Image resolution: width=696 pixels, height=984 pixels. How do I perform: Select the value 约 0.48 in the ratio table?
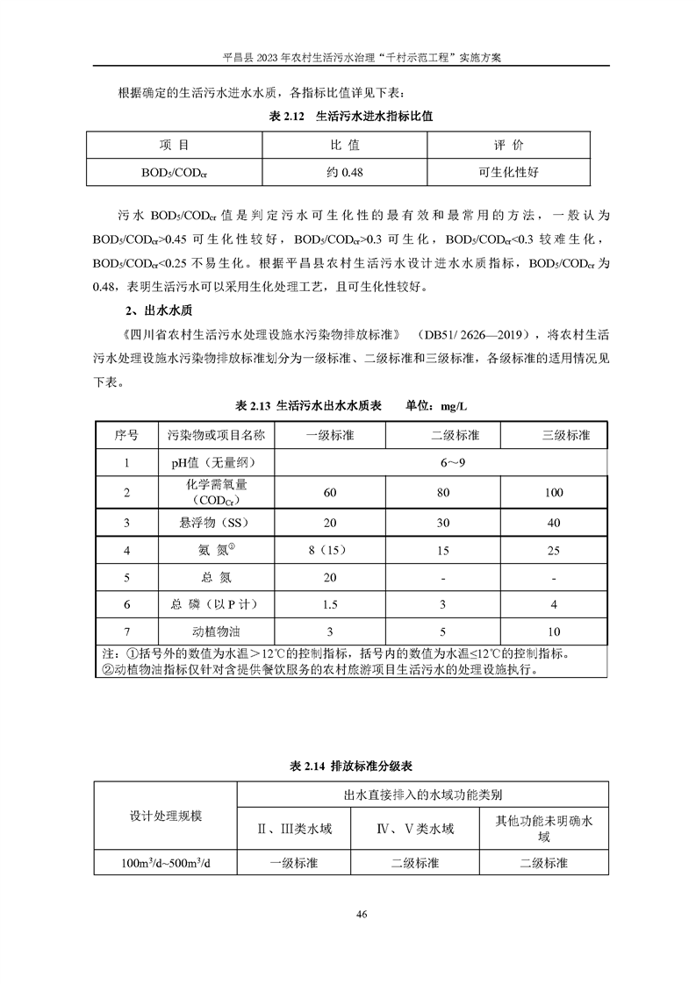click(x=345, y=172)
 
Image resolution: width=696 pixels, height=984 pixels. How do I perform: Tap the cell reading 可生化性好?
click(x=508, y=172)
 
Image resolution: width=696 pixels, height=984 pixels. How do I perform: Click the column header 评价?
click(x=508, y=145)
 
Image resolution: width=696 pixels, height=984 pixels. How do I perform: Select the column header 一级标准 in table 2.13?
click(x=330, y=435)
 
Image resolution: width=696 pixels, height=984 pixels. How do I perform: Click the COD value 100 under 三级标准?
click(x=554, y=493)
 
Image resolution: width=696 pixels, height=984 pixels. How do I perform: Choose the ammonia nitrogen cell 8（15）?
click(x=330, y=551)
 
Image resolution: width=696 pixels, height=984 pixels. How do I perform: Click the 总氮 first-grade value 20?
click(x=330, y=578)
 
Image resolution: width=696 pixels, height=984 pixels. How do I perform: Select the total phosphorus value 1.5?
click(x=330, y=605)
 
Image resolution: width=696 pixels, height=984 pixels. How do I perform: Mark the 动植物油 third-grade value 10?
click(x=554, y=631)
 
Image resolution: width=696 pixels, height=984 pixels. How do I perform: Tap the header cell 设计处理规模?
click(x=166, y=816)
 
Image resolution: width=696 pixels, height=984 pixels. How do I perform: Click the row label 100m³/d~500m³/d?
click(x=167, y=864)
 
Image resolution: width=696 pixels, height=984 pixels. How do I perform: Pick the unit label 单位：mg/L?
click(x=436, y=406)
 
